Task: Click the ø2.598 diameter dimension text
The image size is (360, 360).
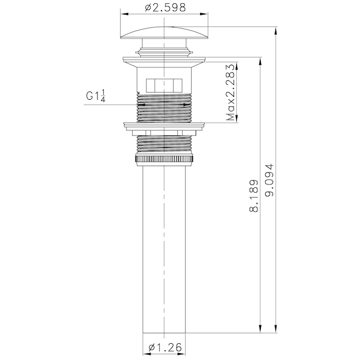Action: (x=165, y=8)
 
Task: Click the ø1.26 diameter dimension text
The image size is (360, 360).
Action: (x=165, y=347)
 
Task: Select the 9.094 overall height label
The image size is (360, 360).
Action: (x=269, y=180)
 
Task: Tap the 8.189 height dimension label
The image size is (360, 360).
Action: (x=254, y=196)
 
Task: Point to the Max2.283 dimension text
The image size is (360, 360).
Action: (x=231, y=93)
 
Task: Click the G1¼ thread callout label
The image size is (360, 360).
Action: (x=96, y=96)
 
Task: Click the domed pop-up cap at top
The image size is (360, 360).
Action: (x=164, y=33)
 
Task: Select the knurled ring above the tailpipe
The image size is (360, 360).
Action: (x=164, y=159)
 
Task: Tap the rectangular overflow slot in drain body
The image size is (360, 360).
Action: (x=164, y=85)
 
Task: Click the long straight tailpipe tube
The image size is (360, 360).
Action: (x=164, y=249)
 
